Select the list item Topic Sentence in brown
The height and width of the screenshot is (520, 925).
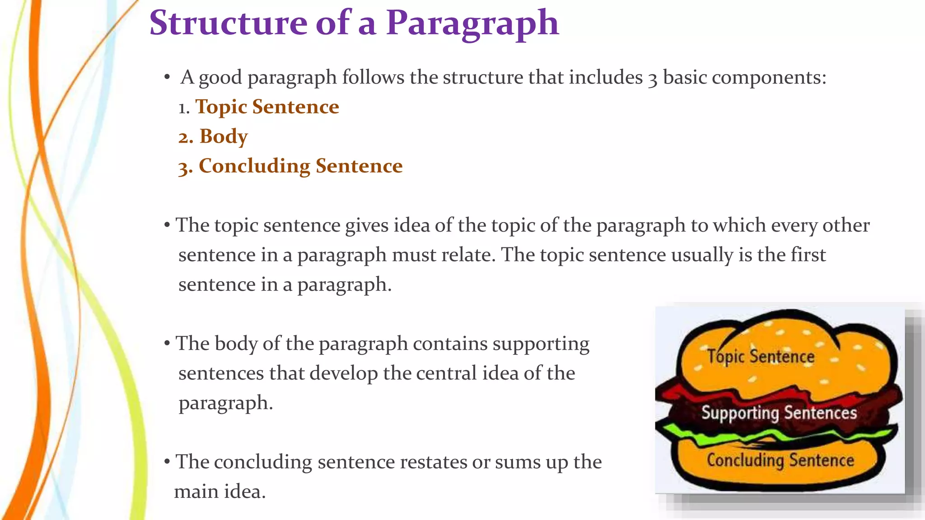coord(267,107)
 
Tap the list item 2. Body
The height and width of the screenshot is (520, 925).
coord(213,136)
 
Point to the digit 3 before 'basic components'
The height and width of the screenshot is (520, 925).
coord(652,79)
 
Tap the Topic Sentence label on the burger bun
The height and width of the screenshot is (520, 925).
coord(761,357)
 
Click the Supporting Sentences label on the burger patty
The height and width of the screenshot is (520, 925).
coord(779,413)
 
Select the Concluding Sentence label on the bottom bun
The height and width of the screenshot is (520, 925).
coord(780,460)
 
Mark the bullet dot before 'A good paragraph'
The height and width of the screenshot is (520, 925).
coord(167,78)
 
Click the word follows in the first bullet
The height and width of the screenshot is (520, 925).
coord(373,78)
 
